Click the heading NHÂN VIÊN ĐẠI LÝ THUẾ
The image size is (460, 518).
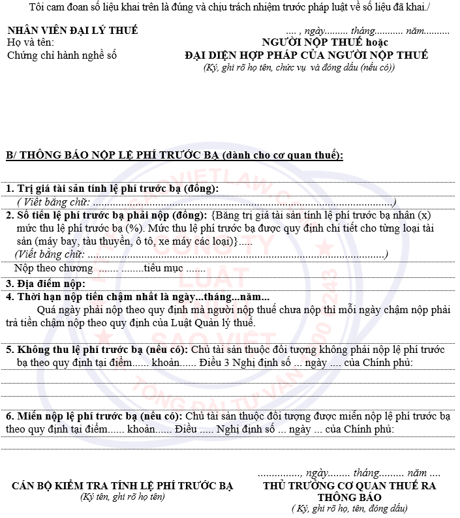[72, 31]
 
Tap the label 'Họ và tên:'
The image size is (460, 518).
[31, 42]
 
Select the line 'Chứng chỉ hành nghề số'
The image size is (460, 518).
[61, 55]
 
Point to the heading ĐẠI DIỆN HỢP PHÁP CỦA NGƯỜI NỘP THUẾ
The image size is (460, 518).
[307, 55]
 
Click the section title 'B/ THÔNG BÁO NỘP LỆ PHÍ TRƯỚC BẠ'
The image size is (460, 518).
[113, 155]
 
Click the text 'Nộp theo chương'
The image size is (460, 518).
[54, 268]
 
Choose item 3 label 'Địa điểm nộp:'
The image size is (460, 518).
[46, 284]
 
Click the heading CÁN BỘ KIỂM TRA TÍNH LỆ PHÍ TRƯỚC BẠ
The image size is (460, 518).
[123, 486]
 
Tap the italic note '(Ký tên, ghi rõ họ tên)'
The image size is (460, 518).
[123, 497]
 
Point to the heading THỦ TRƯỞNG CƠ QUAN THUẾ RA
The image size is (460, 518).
[350, 485]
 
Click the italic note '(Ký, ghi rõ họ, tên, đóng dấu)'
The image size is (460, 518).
[350, 508]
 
